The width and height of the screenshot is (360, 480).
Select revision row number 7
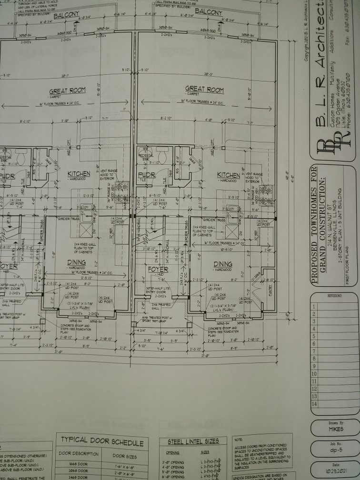[x=314, y=351]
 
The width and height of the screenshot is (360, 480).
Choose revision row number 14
[x=314, y=404]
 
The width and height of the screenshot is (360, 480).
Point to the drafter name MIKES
[x=336, y=429]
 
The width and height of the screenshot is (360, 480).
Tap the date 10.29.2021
[x=336, y=472]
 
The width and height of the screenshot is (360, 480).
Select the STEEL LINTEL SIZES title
[x=193, y=441]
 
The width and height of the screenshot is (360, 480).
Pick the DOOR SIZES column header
[x=125, y=456]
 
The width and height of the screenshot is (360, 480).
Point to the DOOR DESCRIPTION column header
[x=78, y=453]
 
